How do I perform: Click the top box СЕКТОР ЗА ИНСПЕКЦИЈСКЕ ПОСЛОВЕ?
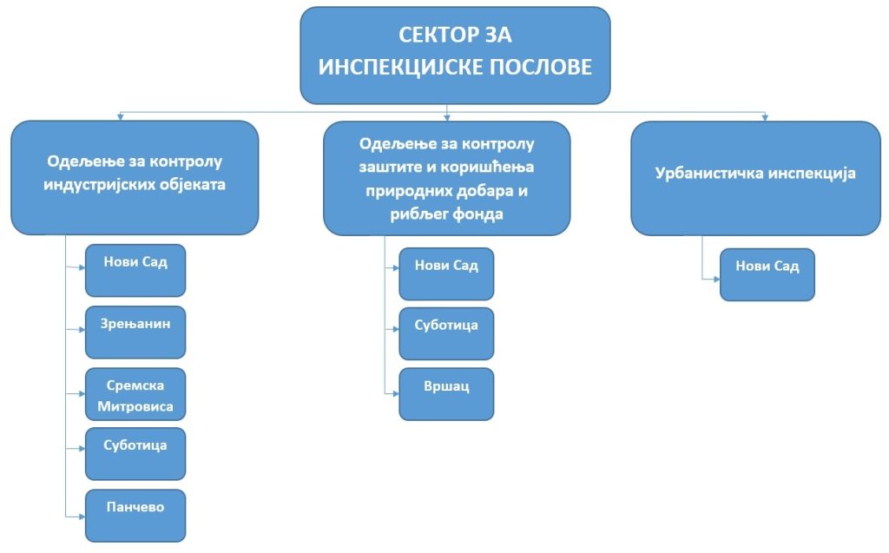pyautogui.click(x=455, y=55)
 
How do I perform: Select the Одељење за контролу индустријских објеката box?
pyautogui.click(x=135, y=177)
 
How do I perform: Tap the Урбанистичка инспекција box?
pyautogui.click(x=755, y=177)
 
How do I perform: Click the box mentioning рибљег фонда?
pyautogui.click(x=446, y=177)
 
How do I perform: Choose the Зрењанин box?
pyautogui.click(x=135, y=332)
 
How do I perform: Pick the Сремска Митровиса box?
pyautogui.click(x=135, y=394)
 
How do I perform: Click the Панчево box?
pyautogui.click(x=135, y=516)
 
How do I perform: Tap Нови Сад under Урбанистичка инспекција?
pyautogui.click(x=767, y=274)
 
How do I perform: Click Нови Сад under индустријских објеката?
pyautogui.click(x=135, y=270)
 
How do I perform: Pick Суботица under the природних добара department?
pyautogui.click(x=446, y=333)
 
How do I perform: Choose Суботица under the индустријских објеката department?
pyautogui.click(x=135, y=453)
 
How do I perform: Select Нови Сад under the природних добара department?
pyautogui.click(x=446, y=273)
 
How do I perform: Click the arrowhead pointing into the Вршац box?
pyautogui.click(x=396, y=393)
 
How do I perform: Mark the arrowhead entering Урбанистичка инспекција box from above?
pyautogui.click(x=765, y=117)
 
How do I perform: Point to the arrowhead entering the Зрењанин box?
pyautogui.click(x=82, y=331)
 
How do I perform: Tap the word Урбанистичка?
pyautogui.click(x=708, y=173)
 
